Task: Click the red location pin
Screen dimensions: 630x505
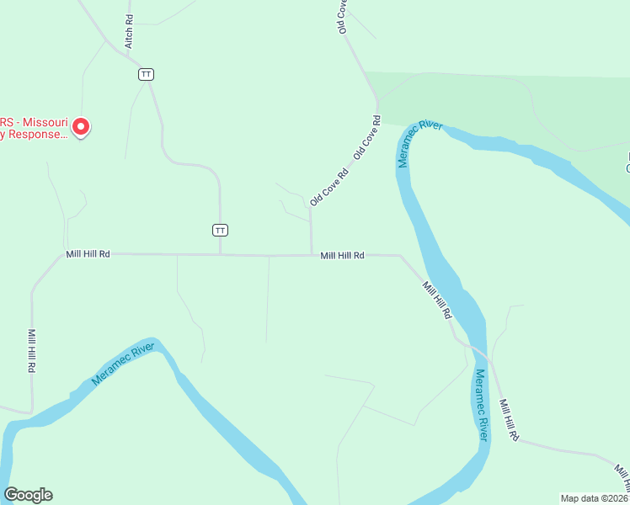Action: (81, 127)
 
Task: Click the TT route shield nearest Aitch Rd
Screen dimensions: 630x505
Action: (147, 74)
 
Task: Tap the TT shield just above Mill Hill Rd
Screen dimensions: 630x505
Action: (220, 230)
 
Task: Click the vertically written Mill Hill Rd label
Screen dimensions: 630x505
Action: (31, 350)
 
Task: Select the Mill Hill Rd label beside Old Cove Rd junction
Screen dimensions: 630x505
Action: (342, 255)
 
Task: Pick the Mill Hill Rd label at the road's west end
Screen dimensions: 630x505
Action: (88, 253)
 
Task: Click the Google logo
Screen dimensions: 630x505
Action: (28, 495)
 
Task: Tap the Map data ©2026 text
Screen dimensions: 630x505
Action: (593, 497)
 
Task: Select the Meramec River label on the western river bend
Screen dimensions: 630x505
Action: (123, 364)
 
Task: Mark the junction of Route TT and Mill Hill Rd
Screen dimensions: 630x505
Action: (220, 254)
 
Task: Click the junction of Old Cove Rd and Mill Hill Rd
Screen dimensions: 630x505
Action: (312, 255)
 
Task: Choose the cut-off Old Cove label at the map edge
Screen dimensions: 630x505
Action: (343, 15)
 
